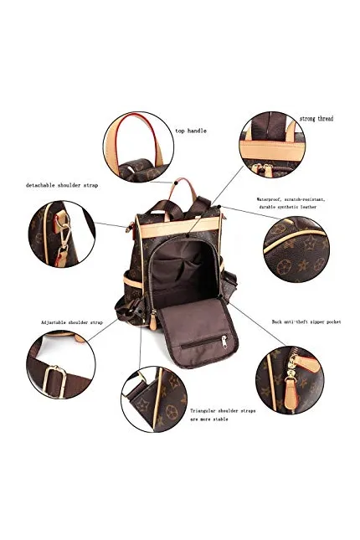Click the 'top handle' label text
pos(191,131)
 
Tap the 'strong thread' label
pos(316,119)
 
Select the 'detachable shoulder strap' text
pos(62,185)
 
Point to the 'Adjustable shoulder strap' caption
pos(72,322)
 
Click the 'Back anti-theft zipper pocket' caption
pos(306,321)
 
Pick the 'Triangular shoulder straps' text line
pos(223,411)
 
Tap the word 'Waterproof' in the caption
pos(268,199)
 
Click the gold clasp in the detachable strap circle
pos(64,235)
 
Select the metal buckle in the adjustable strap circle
pos(55,382)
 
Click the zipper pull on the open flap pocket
pos(224,342)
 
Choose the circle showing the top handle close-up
pos(138,147)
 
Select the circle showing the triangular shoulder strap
pos(154,399)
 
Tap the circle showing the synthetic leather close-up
pos(296,249)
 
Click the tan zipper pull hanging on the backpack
pos(153,321)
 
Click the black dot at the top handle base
pos(175,183)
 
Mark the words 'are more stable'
pos(209,419)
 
